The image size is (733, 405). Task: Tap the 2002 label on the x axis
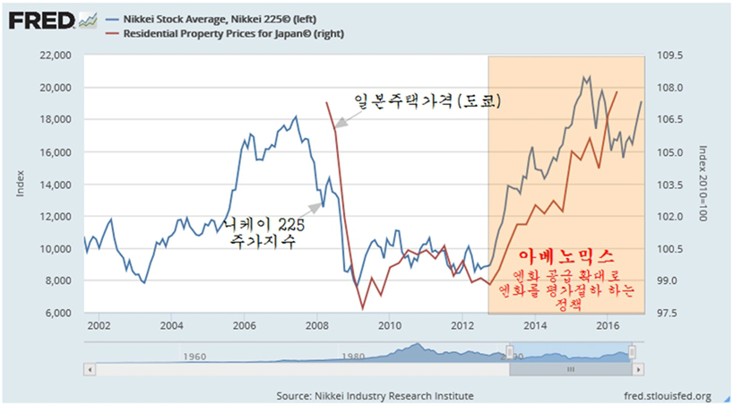click(99, 325)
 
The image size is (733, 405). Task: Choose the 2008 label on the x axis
click(316, 325)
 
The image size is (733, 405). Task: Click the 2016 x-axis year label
click(607, 325)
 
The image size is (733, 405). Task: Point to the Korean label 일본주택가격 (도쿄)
click(426, 103)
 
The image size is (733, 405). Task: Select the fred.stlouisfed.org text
click(666, 395)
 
